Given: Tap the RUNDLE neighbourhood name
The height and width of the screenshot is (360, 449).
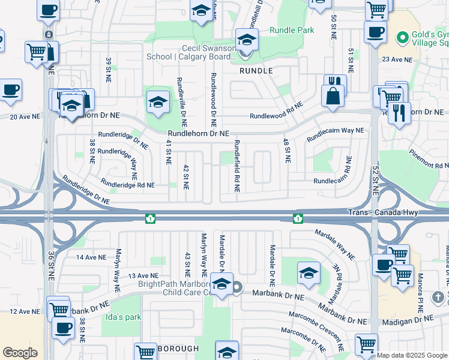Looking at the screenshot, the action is click(256, 70).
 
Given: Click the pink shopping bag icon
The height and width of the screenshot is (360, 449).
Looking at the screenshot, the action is click(332, 95).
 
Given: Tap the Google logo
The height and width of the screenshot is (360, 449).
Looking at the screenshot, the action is click(20, 353).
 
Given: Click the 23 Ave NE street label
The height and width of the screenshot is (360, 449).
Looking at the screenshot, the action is click(398, 60).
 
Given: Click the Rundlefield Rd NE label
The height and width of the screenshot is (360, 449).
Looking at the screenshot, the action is click(238, 166).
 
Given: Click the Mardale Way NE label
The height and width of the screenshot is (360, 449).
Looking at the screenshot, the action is click(334, 244).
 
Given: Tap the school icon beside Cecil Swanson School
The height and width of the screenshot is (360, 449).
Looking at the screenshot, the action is click(246, 41).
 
